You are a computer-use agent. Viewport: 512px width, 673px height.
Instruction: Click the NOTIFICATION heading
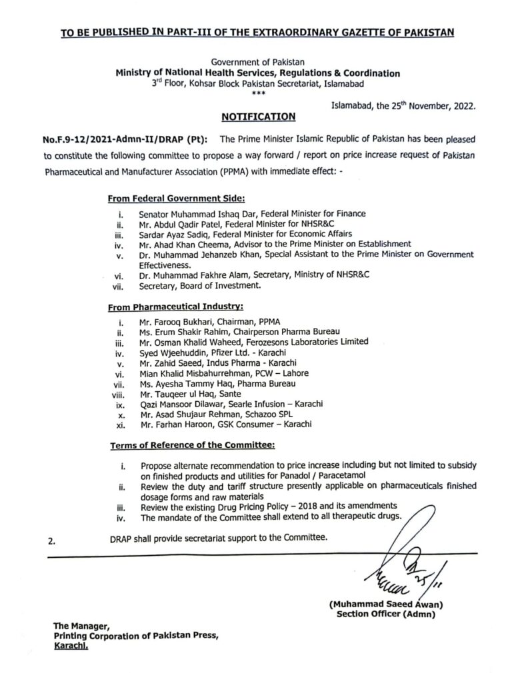(258, 117)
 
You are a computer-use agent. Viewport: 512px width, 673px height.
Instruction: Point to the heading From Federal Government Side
(176, 198)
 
